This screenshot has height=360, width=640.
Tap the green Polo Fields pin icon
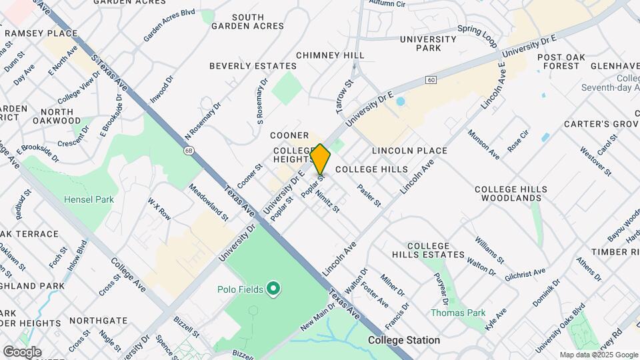click(x=273, y=289)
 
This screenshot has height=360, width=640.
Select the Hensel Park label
click(x=89, y=199)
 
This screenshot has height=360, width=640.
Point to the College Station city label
click(x=403, y=340)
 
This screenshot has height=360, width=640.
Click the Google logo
click(x=21, y=352)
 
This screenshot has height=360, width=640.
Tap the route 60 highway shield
click(x=432, y=80)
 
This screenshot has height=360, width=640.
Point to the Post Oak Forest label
click(x=561, y=62)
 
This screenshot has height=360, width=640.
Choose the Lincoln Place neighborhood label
click(x=409, y=151)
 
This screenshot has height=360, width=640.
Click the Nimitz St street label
click(x=328, y=201)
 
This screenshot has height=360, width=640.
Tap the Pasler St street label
click(x=369, y=195)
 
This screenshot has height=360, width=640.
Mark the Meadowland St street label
click(x=209, y=201)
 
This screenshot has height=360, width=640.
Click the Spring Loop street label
click(x=477, y=36)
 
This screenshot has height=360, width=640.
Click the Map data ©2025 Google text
click(x=599, y=355)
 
